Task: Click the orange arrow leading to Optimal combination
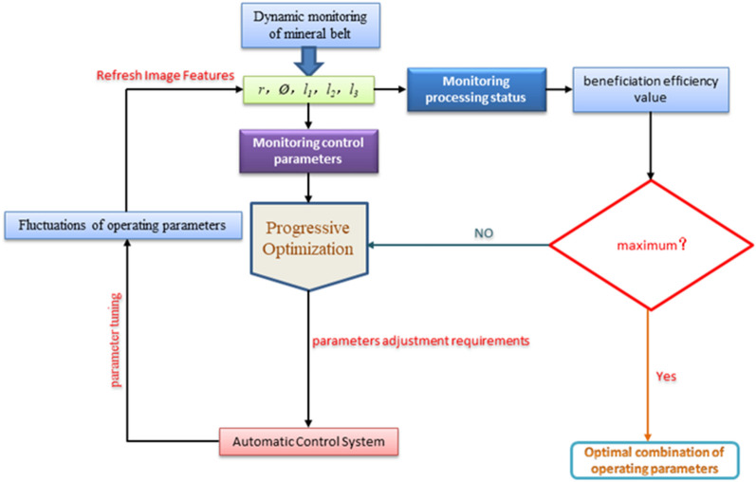(x=649, y=380)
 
